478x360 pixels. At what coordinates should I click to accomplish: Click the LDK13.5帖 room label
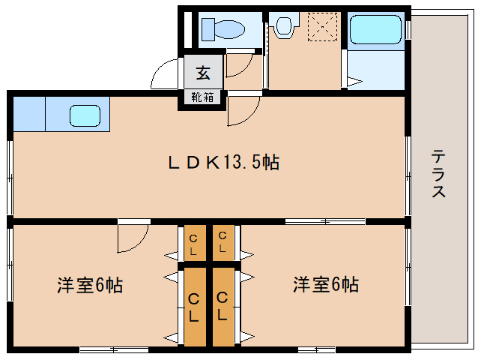(x=224, y=162)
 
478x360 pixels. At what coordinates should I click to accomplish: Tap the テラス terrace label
(x=438, y=173)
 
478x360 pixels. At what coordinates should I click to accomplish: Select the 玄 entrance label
(x=203, y=73)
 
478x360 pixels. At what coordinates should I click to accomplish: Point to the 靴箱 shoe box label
(x=202, y=97)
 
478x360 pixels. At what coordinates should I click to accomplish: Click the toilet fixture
(x=223, y=29)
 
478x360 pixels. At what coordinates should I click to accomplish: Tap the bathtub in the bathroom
(x=375, y=29)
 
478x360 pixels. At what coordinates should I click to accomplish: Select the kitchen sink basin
(x=85, y=115)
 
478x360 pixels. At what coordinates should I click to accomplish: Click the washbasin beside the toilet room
(x=284, y=25)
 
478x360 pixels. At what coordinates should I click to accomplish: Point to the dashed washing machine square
(x=322, y=26)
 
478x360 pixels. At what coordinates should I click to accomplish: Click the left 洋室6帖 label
(x=90, y=285)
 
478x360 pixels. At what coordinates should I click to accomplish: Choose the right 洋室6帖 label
(x=326, y=284)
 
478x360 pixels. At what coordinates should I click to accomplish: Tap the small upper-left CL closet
(x=195, y=243)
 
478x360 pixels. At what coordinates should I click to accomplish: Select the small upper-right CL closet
(x=223, y=243)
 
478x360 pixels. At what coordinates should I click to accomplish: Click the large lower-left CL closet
(x=195, y=307)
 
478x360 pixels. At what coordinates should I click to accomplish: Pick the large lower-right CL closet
(x=223, y=307)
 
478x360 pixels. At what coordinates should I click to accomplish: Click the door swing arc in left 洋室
(x=140, y=244)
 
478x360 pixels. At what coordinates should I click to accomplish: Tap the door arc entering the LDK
(x=251, y=116)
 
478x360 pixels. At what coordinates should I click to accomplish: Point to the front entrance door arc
(x=159, y=67)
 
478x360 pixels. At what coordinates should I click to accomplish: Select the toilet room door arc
(x=245, y=70)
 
